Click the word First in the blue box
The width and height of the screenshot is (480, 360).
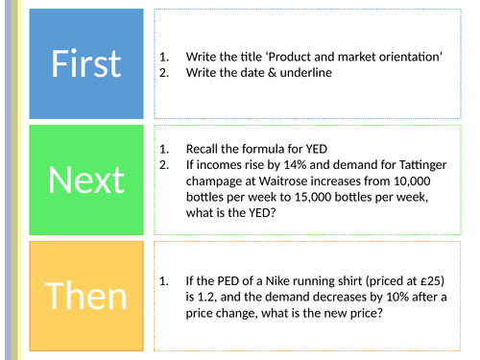86,63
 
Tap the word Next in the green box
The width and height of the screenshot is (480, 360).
86,180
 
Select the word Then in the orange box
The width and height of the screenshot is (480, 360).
86,297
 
